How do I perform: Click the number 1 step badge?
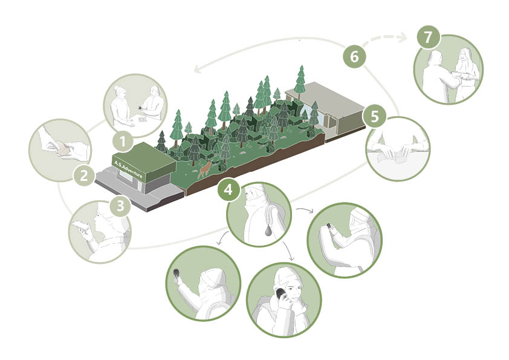tap(123, 142)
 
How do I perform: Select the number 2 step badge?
tap(84, 176)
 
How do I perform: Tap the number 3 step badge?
tap(120, 206)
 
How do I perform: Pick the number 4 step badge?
tap(229, 189)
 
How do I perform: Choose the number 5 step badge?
tap(374, 116)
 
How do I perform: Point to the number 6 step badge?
tap(354, 56)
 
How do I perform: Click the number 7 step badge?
tap(429, 37)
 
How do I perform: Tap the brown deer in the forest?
tap(205, 169)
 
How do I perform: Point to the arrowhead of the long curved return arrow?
tap(196, 69)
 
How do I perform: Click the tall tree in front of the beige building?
tap(301, 79)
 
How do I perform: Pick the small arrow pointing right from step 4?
tap(305, 210)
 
